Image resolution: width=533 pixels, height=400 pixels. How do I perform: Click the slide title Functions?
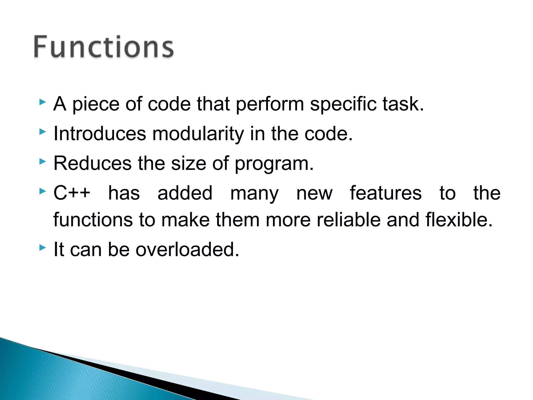tap(104, 47)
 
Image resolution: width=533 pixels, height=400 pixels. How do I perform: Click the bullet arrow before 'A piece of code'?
tap(42, 102)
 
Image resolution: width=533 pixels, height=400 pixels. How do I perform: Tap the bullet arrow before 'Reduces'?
tap(42, 161)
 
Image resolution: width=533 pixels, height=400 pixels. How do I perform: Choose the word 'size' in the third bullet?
tap(189, 164)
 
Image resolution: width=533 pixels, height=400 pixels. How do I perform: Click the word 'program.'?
tap(274, 164)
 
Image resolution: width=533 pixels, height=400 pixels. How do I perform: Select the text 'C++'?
tap(72, 193)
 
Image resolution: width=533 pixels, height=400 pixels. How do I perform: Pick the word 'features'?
tap(385, 193)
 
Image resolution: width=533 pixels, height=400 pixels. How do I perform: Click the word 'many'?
tap(254, 193)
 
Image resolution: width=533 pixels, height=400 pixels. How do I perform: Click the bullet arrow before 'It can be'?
tap(42, 247)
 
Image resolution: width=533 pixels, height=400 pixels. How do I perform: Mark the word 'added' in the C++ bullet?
tap(185, 193)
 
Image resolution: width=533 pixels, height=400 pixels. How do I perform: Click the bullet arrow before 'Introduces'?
tap(42, 132)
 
